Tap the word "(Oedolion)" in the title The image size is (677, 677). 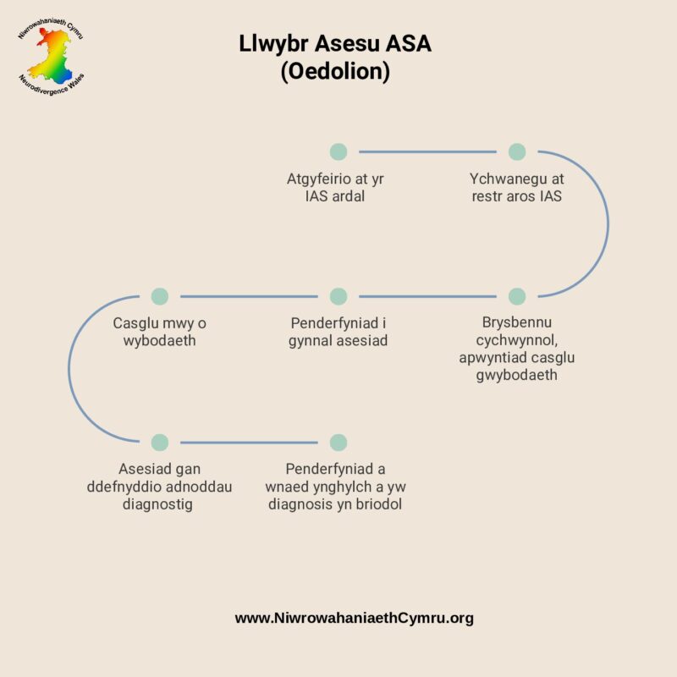click(335, 73)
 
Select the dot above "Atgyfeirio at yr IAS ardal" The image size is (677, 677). click(338, 151)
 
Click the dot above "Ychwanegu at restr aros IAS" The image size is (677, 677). click(517, 151)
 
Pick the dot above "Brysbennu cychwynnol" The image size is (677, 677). click(517, 296)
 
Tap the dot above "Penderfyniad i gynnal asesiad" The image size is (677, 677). click(338, 296)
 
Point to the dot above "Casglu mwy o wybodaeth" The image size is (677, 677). click(160, 296)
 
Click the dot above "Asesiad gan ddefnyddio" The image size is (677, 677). click(160, 442)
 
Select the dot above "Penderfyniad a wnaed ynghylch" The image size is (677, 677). click(338, 442)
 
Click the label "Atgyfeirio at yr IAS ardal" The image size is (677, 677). click(338, 188)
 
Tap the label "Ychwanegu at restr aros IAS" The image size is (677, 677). click(517, 188)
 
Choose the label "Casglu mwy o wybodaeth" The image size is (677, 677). click(160, 333)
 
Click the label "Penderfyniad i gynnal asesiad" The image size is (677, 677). click(338, 333)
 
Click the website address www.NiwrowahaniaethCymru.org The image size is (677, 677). click(354, 618)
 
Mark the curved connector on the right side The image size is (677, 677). click(608, 224)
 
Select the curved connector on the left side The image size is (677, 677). click(69, 369)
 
